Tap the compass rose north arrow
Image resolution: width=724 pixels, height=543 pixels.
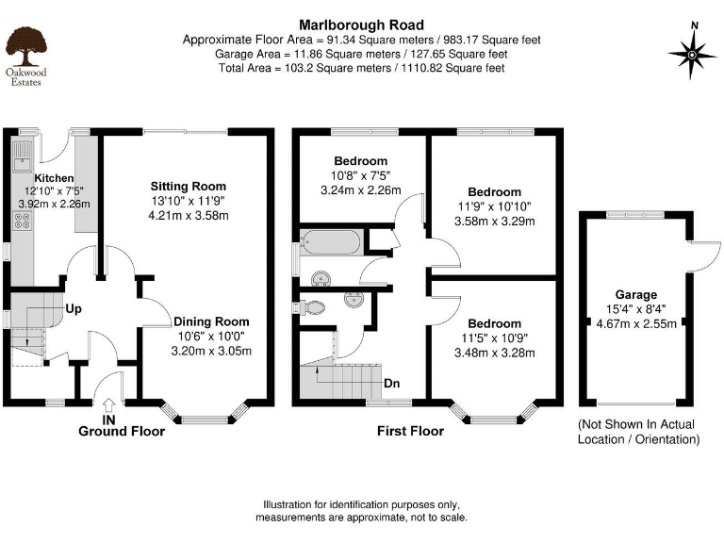pos(693,54)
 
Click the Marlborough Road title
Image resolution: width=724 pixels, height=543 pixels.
pos(361,25)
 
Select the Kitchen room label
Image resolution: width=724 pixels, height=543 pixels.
pos(54,177)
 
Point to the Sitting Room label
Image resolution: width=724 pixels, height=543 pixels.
pos(189,186)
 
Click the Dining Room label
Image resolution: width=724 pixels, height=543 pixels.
pos(212,321)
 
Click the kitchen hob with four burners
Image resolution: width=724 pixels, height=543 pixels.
pos(23,223)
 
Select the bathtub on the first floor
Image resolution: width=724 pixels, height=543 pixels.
pos(329,242)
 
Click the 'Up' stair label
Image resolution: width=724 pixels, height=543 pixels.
pos(73,308)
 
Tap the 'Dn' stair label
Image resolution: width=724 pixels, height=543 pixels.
pos(393,385)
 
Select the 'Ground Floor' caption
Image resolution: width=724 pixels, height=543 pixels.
pos(121,432)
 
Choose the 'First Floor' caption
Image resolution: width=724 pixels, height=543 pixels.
pos(410,432)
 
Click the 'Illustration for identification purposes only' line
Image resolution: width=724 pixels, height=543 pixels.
pos(361,504)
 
